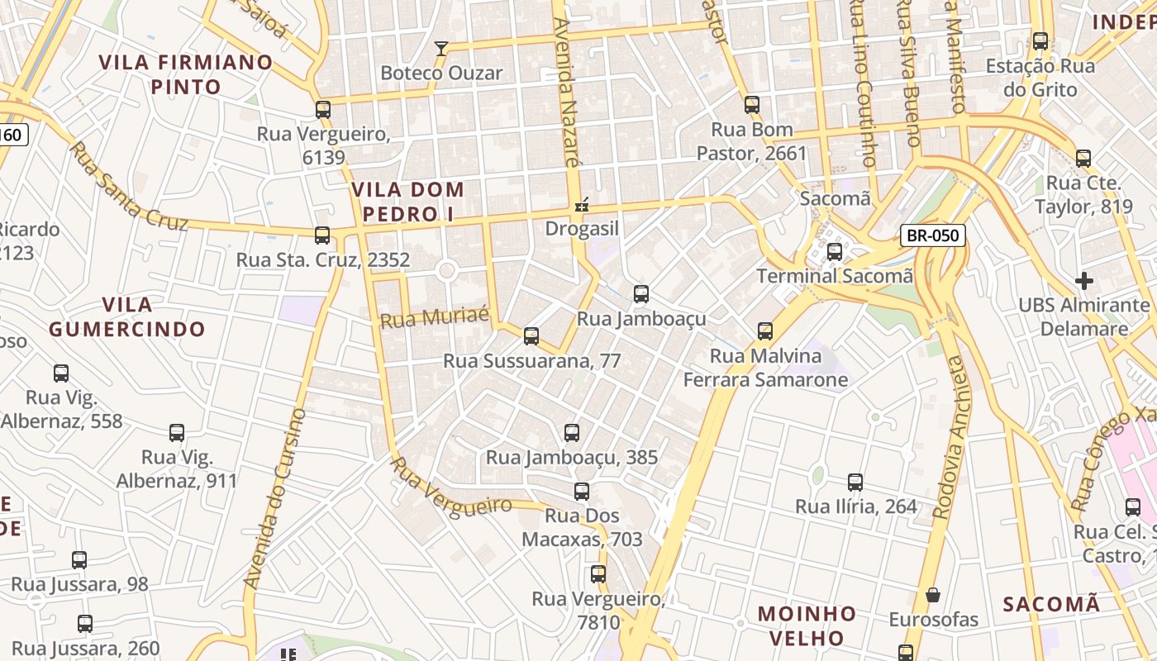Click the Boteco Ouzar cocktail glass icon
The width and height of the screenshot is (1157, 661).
pyautogui.click(x=441, y=49)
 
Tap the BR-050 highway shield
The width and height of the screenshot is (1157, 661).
pyautogui.click(x=932, y=235)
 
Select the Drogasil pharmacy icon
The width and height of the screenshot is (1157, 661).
pyautogui.click(x=583, y=204)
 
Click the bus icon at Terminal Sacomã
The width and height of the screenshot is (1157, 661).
pyautogui.click(x=835, y=251)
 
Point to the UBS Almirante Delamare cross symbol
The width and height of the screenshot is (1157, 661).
pyautogui.click(x=1083, y=281)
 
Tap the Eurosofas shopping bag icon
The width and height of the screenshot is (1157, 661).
pyautogui.click(x=933, y=595)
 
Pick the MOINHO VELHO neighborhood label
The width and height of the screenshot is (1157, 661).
pyautogui.click(x=807, y=625)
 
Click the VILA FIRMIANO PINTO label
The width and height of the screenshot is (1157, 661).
pyautogui.click(x=186, y=74)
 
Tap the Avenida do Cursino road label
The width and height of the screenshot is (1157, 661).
pyautogui.click(x=276, y=498)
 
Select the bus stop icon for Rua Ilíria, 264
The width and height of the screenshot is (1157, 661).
pyautogui.click(x=855, y=482)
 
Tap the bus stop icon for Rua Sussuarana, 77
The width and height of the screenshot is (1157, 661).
pyautogui.click(x=531, y=336)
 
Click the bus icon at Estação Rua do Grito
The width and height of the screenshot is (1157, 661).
pyautogui.click(x=1040, y=41)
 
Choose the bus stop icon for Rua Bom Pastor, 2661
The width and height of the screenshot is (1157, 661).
pyautogui.click(x=752, y=105)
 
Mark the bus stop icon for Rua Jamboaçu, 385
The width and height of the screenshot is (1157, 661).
pyautogui.click(x=571, y=433)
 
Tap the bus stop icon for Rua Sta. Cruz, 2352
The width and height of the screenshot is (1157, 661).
pyautogui.click(x=322, y=235)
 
